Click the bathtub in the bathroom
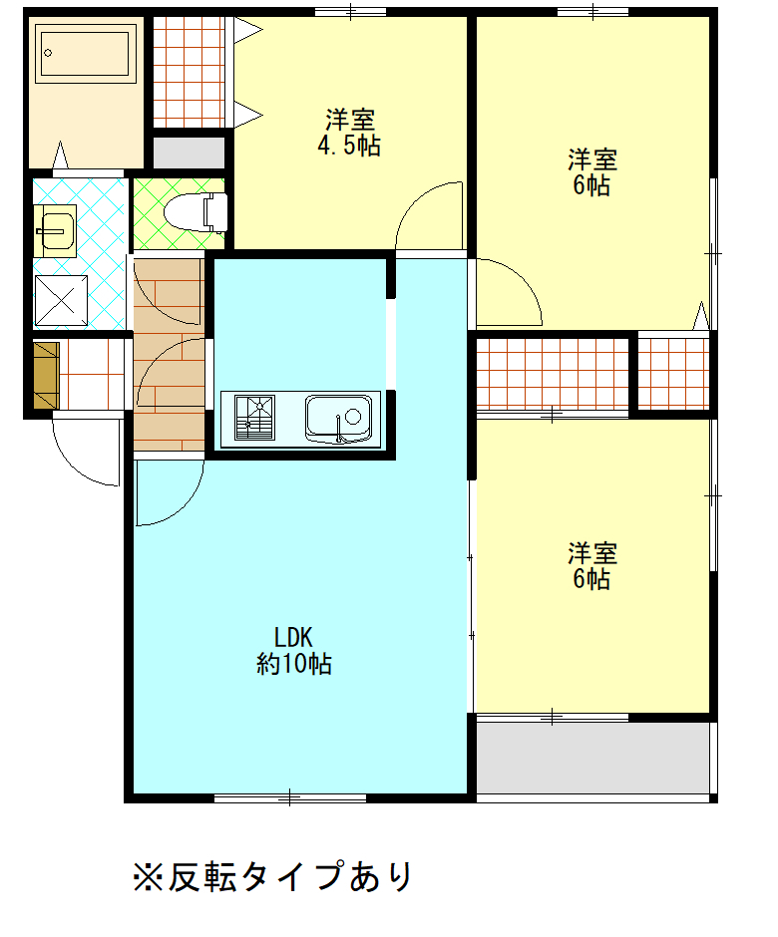tap(86, 53)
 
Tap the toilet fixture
tap(196, 212)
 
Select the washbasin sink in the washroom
tap(55, 231)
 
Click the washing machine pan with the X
tap(61, 301)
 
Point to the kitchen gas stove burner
tap(254, 417)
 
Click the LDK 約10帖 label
tap(293, 651)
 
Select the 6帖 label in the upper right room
tap(592, 172)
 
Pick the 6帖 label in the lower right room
tap(592, 566)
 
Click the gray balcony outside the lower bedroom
tap(592, 758)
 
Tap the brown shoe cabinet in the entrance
tap(47, 375)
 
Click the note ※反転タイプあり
tap(272, 876)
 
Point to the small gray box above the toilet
tap(189, 153)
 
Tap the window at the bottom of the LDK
tap(290, 797)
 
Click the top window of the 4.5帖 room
tap(350, 11)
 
